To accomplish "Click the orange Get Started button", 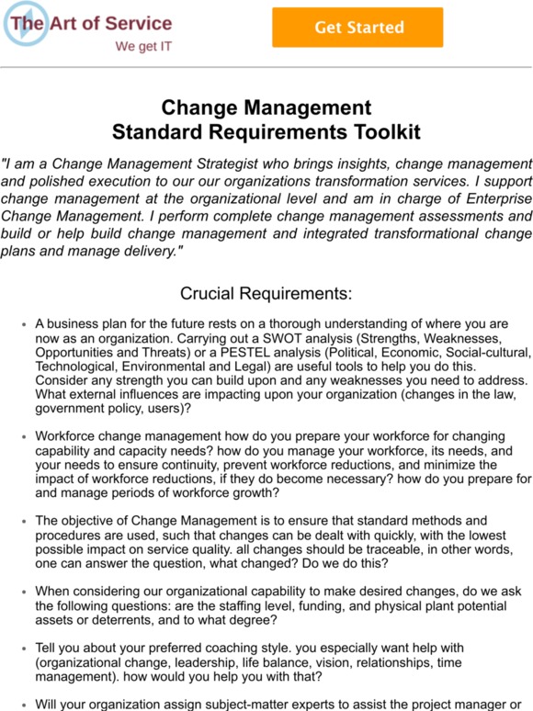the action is pyautogui.click(x=357, y=28).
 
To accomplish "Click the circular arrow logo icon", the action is pyautogui.click(x=24, y=26).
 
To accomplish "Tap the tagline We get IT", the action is pyautogui.click(x=142, y=46).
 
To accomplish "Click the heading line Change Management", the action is pyautogui.click(x=266, y=108).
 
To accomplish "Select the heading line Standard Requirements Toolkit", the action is pyautogui.click(x=266, y=131).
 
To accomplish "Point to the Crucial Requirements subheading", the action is pyautogui.click(x=266, y=294).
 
